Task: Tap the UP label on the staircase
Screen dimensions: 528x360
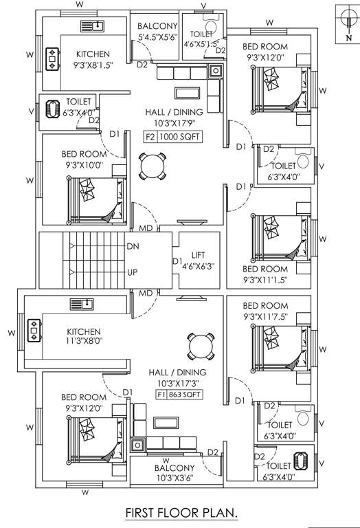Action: point(133,272)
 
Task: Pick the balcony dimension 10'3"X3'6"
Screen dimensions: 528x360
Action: point(165,478)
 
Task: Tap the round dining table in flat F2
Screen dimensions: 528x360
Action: point(153,165)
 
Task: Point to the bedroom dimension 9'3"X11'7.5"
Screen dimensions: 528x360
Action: point(265,317)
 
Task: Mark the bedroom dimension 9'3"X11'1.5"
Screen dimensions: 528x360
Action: point(265,280)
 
